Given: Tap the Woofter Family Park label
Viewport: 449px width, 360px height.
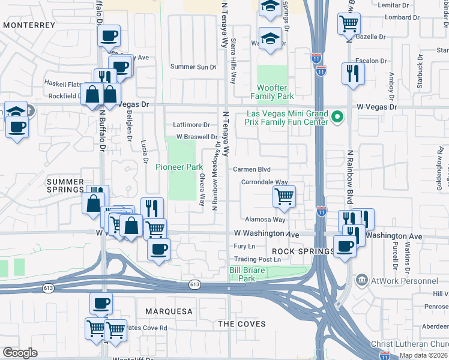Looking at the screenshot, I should coord(276,92).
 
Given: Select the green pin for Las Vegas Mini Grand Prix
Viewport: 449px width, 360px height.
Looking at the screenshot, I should coord(337,117).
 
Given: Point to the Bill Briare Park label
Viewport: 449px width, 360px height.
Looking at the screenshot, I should coord(247,274).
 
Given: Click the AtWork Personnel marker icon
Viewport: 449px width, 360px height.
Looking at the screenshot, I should coord(361,280).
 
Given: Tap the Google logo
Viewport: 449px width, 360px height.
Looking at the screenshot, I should coord(20,353).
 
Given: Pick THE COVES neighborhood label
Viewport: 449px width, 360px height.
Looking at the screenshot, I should coord(241,324).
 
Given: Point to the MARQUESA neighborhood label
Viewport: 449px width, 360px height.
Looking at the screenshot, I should coord(169,311).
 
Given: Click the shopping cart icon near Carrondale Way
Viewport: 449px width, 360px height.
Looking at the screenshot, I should coord(283,196).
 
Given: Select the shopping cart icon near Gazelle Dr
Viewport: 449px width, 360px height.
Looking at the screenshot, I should coord(349,24).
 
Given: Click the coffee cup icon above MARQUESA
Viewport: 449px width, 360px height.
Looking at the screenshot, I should coord(101,303).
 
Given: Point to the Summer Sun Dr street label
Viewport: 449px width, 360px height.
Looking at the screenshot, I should coord(193,67).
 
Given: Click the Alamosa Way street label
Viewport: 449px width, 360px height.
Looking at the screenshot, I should coord(264,220).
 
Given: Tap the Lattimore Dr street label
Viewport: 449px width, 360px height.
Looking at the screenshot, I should coord(191,125).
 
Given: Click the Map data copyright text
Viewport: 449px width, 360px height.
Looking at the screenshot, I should coord(423,355).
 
